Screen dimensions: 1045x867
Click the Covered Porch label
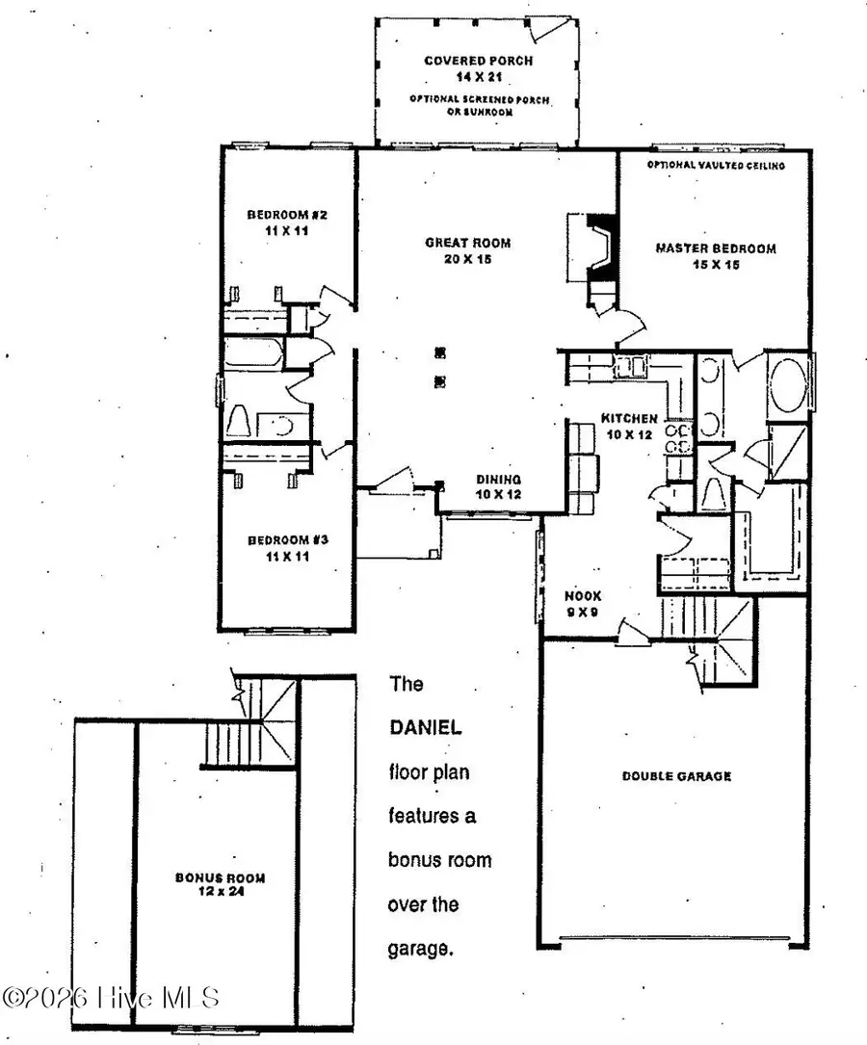tap(467, 67)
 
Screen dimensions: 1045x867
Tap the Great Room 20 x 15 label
tap(467, 250)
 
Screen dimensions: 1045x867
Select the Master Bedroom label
tap(716, 256)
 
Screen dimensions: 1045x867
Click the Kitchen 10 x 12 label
tap(629, 425)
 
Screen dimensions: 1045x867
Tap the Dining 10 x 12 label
tap(499, 486)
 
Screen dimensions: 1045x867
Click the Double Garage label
tap(675, 775)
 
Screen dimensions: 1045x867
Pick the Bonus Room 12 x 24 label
tap(220, 884)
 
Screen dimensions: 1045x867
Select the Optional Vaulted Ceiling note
tap(716, 166)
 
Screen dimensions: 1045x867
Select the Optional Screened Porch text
tap(466, 104)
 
